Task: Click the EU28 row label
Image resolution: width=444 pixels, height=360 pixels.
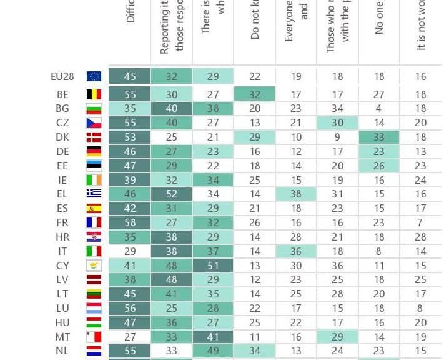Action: click(x=62, y=76)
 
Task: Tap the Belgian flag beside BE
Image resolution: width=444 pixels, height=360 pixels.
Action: click(x=94, y=94)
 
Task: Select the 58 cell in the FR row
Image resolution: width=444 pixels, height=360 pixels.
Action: click(x=130, y=222)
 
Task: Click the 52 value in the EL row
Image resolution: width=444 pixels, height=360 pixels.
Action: click(x=172, y=194)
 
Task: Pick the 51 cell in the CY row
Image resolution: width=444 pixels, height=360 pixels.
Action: click(x=213, y=266)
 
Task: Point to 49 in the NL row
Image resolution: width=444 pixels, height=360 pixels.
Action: click(x=213, y=351)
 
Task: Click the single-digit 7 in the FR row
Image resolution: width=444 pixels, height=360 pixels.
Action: click(x=420, y=222)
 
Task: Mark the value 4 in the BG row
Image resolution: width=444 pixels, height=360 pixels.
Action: click(x=379, y=108)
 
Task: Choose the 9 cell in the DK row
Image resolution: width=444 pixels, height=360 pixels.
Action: click(x=337, y=137)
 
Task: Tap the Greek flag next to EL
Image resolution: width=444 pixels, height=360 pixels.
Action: click(x=94, y=194)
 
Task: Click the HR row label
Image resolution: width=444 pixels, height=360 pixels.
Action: click(x=62, y=237)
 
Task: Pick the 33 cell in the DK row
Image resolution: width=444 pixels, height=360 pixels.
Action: click(x=379, y=137)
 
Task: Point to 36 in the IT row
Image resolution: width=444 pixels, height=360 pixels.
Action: click(x=296, y=251)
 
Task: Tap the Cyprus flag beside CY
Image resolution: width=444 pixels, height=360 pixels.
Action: click(x=94, y=266)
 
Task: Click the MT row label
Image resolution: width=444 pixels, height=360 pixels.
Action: click(x=62, y=337)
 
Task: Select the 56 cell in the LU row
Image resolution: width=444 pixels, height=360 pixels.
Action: click(x=130, y=308)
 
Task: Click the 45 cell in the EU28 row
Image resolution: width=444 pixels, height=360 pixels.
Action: click(x=130, y=76)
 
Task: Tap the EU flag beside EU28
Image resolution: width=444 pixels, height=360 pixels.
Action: click(x=94, y=76)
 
